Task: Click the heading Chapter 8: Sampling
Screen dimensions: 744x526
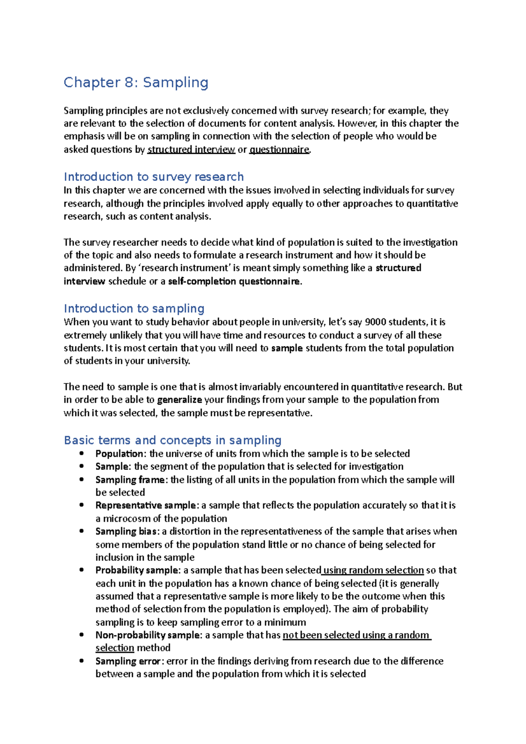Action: click(x=136, y=82)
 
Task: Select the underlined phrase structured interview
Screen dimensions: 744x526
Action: click(x=191, y=149)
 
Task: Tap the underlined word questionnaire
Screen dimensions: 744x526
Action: click(x=279, y=149)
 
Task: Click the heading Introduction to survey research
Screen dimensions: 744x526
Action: click(x=153, y=177)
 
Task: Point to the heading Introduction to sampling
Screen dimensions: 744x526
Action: click(x=134, y=308)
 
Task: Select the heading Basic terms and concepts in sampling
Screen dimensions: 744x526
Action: click(x=172, y=440)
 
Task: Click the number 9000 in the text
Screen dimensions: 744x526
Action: click(x=376, y=322)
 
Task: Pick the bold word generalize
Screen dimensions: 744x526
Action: click(x=179, y=400)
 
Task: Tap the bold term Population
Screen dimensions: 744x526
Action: click(x=119, y=453)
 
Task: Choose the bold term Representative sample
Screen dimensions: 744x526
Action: click(x=146, y=505)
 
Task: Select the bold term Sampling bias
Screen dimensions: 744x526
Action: click(x=126, y=531)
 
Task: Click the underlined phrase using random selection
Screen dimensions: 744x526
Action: click(x=373, y=570)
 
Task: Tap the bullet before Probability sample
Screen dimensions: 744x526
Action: click(x=82, y=570)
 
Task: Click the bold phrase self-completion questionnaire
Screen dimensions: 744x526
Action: click(x=234, y=281)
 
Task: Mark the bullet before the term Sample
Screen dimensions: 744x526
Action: click(x=82, y=466)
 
